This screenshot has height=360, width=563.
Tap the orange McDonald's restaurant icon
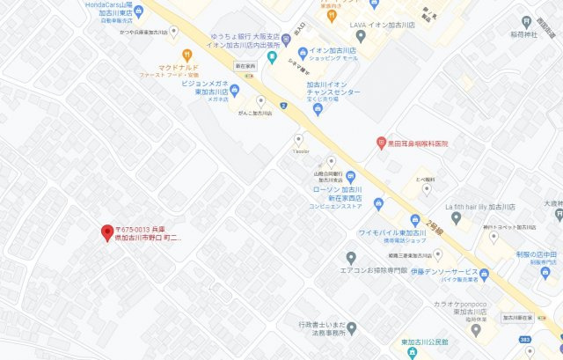[186, 55]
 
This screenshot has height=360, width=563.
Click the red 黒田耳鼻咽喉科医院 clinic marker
[381, 143]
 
